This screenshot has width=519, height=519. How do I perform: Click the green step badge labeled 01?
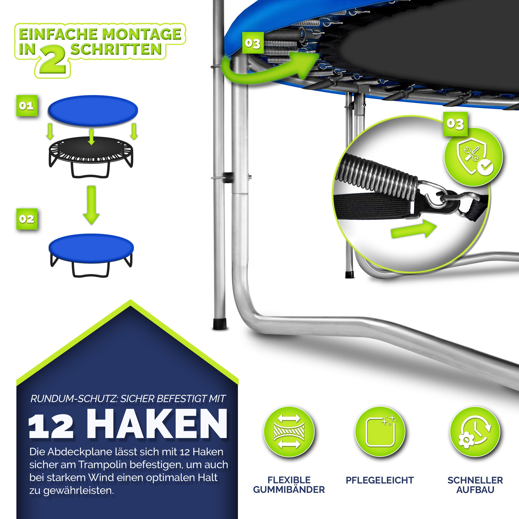pyautogui.click(x=27, y=106)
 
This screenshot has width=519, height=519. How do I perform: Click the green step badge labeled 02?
pyautogui.click(x=27, y=219)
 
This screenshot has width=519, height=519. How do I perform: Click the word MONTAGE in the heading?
pyautogui.click(x=142, y=34)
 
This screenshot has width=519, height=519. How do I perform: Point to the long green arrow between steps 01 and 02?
pyautogui.click(x=91, y=205)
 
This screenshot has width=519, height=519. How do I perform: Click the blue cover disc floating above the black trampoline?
pyautogui.click(x=93, y=111)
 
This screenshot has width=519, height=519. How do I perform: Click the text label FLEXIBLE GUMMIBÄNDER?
pyautogui.click(x=289, y=485)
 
